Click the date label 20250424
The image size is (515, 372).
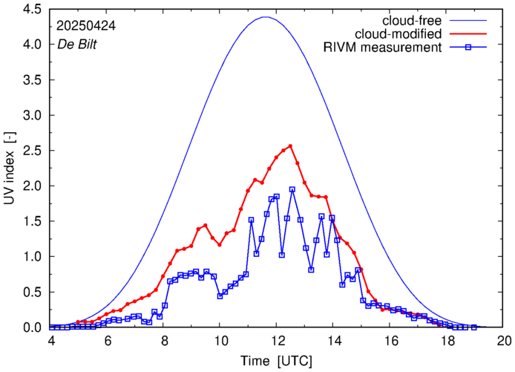click(x=85, y=25)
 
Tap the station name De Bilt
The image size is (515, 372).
click(x=76, y=43)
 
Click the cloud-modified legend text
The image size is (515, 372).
click(x=399, y=33)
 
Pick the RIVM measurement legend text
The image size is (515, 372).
click(x=382, y=48)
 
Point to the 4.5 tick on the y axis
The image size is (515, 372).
click(x=31, y=10)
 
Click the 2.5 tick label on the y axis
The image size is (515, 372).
click(x=31, y=151)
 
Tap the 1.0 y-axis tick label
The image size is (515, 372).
click(x=31, y=257)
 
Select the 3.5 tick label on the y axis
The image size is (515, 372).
click(x=31, y=80)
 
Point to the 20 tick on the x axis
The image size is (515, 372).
click(x=504, y=341)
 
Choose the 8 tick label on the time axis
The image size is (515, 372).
click(x=164, y=341)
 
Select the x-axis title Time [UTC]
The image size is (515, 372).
click(x=277, y=360)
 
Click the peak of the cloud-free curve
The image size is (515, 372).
click(x=266, y=17)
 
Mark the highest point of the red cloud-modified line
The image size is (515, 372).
click(x=290, y=146)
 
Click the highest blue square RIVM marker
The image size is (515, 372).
click(x=292, y=189)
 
